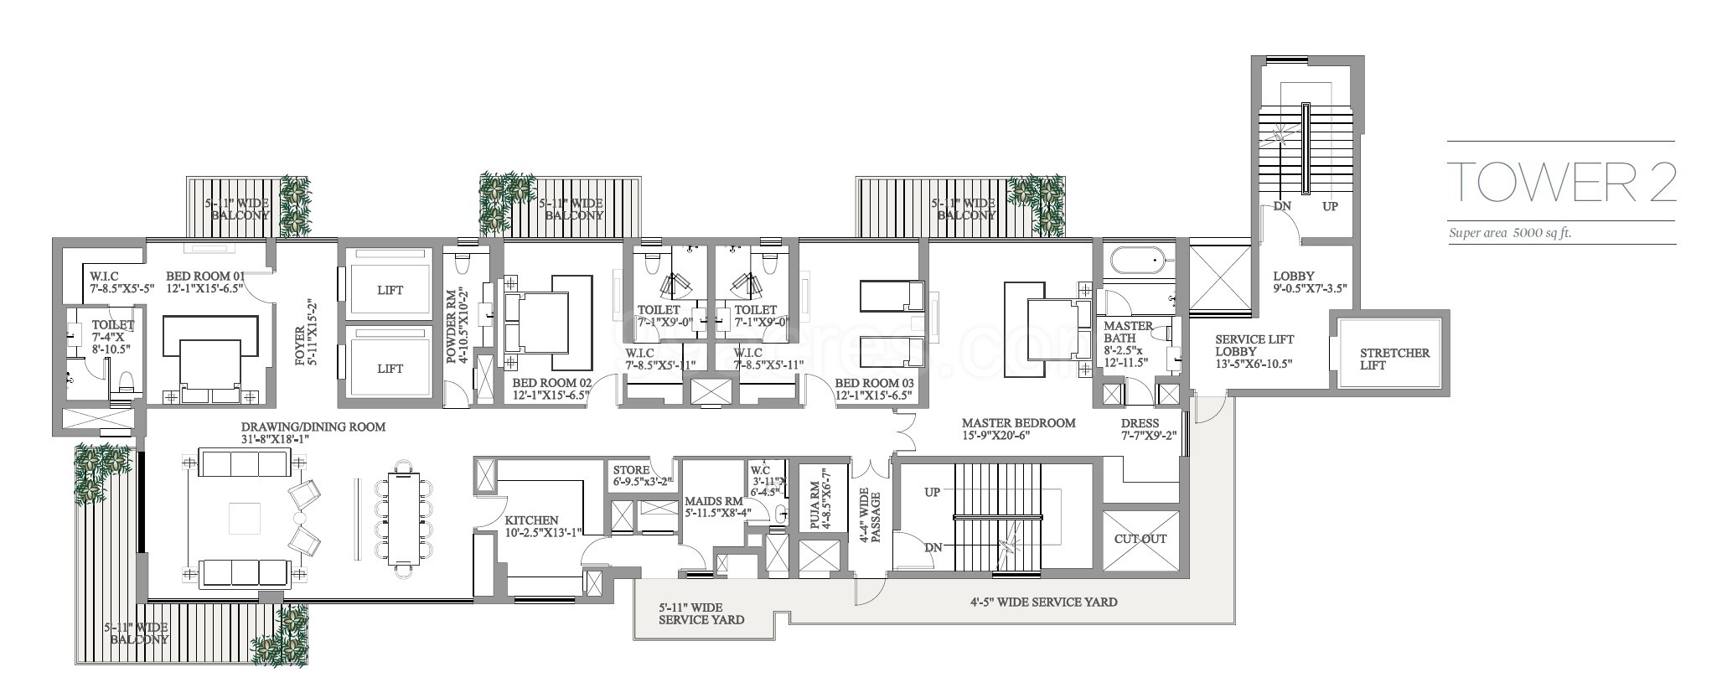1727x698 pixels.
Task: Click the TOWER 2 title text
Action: click(x=1563, y=182)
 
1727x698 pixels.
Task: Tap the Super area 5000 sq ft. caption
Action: click(x=1510, y=234)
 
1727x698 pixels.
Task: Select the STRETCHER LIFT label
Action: click(x=1394, y=359)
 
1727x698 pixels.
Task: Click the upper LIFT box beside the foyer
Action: click(x=390, y=290)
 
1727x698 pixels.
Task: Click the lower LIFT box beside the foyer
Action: click(x=390, y=369)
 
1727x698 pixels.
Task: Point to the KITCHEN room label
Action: click(x=531, y=520)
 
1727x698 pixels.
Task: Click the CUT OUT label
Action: click(x=1140, y=539)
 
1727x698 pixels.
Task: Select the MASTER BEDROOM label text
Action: click(x=1018, y=423)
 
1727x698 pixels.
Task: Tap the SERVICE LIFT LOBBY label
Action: click(x=1254, y=352)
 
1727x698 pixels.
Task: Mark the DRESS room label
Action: click(x=1140, y=424)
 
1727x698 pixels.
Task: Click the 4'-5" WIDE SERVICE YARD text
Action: click(x=1043, y=602)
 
